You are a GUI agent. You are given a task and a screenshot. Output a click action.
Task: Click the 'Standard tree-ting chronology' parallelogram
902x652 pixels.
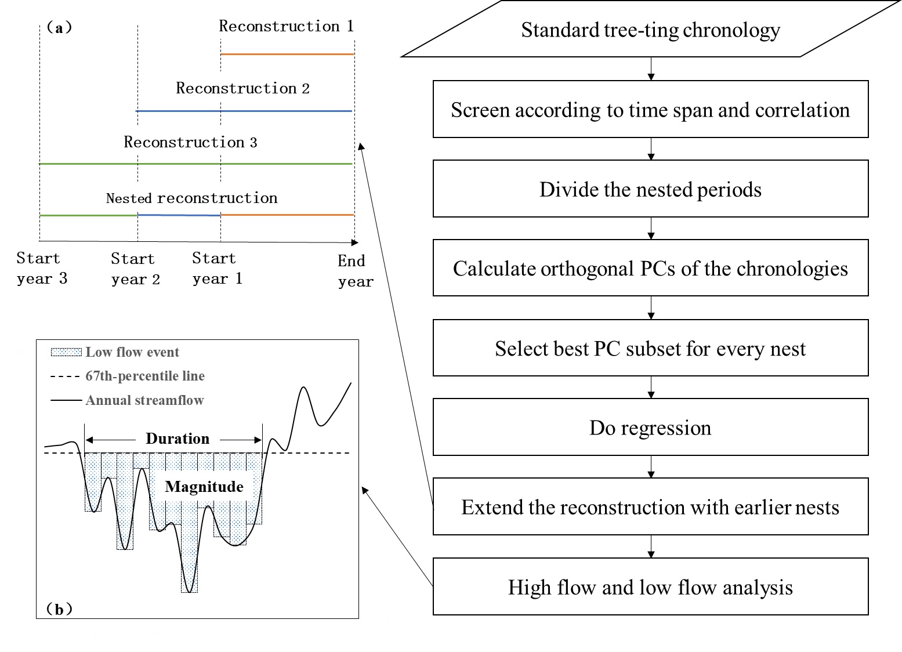(651, 29)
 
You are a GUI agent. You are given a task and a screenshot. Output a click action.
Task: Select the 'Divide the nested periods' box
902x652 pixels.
(651, 189)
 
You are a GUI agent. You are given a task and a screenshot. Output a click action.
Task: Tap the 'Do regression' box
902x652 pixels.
(651, 427)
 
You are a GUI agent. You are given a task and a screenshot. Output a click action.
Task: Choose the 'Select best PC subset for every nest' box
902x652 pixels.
(651, 348)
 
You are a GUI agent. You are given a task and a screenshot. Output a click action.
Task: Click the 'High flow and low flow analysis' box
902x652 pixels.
(651, 586)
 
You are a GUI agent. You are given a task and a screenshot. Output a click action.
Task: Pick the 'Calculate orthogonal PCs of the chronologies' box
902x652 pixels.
(651, 268)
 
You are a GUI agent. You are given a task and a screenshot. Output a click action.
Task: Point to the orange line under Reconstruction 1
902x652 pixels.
(287, 54)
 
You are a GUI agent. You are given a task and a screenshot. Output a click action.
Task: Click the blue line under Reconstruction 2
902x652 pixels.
(244, 111)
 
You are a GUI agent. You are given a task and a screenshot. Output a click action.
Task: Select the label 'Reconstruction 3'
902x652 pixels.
(190, 142)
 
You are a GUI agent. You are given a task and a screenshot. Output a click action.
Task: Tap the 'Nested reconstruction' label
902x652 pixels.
(191, 198)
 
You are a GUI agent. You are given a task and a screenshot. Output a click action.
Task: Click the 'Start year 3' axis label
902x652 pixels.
(42, 268)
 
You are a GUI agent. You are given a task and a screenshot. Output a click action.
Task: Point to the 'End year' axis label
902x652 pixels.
(356, 271)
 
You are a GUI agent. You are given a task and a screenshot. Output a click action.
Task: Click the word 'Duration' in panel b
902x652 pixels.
(177, 438)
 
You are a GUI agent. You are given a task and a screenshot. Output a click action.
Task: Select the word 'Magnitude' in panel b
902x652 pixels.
(204, 487)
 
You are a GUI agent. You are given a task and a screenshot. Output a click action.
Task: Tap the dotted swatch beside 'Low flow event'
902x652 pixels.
(67, 352)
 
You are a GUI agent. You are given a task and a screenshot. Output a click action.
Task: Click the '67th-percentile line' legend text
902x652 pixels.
(145, 376)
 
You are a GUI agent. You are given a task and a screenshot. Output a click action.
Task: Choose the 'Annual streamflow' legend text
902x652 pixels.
(144, 400)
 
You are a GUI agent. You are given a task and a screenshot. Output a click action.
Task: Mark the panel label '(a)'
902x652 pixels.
(59, 27)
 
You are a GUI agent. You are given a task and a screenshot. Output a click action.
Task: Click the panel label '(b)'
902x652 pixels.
(59, 609)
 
